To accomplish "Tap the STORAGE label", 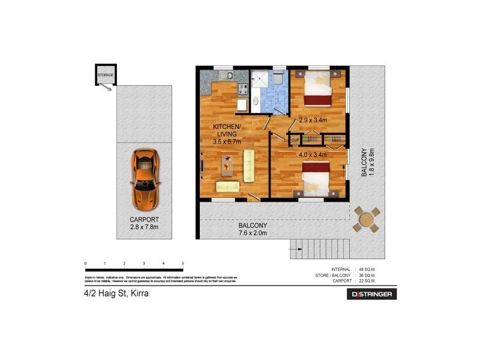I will pos(106,75).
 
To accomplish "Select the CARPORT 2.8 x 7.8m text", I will pos(145,223).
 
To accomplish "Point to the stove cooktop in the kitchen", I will pos(244,89).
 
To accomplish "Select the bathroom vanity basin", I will pos(255,101).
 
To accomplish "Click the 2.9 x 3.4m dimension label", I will pos(313,120).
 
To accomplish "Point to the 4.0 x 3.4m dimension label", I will pos(313,154).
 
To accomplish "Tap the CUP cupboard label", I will pos(295,140).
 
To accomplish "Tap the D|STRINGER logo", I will pos(372,294).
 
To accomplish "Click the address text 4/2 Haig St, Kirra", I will pos(116,294).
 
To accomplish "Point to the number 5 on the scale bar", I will pos(182,263).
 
